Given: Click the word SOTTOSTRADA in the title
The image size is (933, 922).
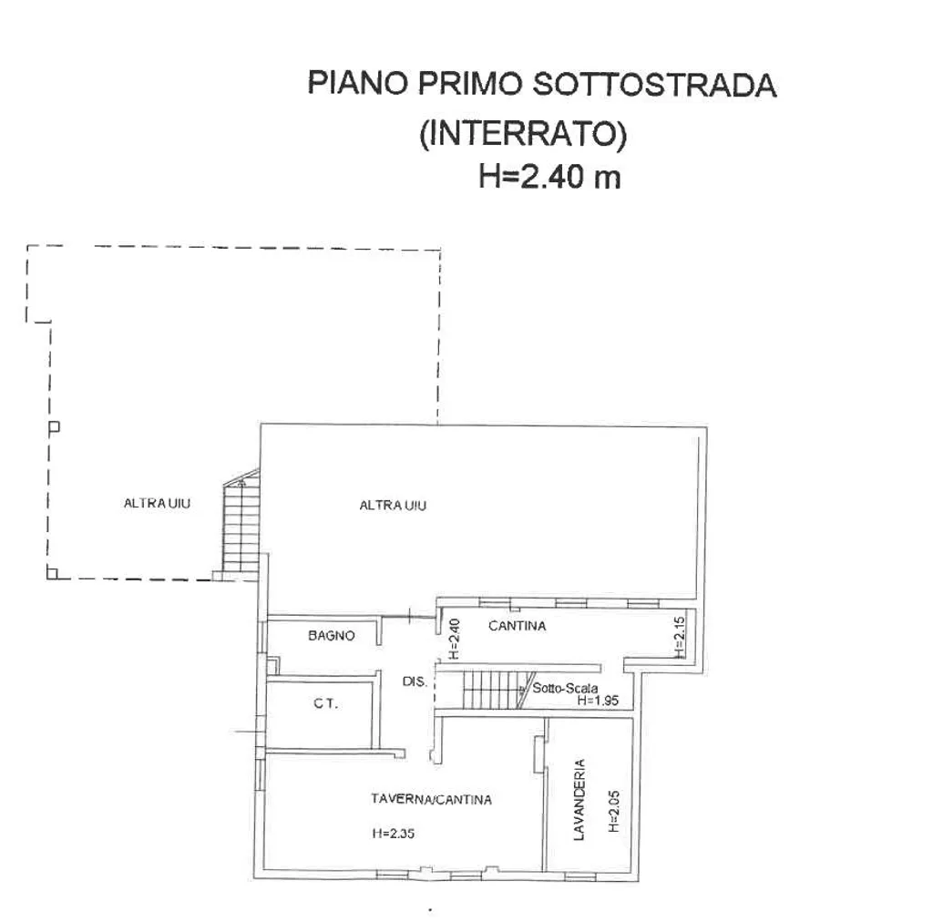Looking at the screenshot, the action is (654, 85).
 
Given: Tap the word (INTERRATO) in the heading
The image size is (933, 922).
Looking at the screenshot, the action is (523, 133).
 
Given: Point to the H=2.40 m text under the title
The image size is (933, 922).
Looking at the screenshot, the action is (549, 177).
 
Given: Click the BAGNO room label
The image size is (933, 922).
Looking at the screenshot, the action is (332, 636).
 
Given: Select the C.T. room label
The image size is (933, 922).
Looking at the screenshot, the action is (325, 703).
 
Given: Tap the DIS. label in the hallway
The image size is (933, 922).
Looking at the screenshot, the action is (415, 681).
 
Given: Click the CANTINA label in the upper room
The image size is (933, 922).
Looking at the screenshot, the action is (518, 626).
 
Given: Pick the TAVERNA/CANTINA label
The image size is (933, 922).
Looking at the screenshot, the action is (431, 800).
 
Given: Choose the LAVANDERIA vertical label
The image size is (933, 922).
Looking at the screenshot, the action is (579, 800).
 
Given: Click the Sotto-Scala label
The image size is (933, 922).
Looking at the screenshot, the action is (565, 688).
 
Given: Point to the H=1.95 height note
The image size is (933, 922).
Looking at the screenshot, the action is (598, 701).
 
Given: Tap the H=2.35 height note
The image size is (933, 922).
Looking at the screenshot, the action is (394, 834).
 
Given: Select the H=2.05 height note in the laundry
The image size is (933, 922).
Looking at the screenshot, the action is (614, 811).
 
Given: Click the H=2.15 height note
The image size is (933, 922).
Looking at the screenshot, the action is (680, 637).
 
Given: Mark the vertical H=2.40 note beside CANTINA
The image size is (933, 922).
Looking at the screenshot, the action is (454, 639).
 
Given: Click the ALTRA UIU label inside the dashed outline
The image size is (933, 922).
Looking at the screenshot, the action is (157, 503).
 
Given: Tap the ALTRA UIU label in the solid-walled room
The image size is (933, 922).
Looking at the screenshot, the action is (393, 506).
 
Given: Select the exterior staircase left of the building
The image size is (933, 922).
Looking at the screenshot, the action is (241, 524).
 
